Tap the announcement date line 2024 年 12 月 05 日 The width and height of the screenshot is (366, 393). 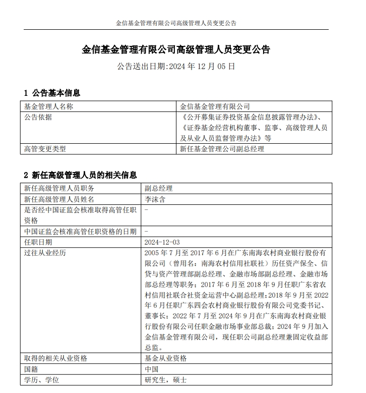coord(176,66)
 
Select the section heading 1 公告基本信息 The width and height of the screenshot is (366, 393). coord(52,93)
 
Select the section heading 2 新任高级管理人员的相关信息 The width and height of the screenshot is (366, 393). coord(80,176)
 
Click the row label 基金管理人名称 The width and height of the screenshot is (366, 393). coord(48,106)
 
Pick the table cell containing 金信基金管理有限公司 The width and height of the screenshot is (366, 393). coord(215,106)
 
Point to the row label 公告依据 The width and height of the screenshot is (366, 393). coord(38,118)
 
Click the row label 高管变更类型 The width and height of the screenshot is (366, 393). coord(45,149)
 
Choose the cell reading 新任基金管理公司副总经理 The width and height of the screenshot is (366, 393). coord(222,149)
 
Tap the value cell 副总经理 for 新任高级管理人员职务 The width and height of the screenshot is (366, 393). coord(158,188)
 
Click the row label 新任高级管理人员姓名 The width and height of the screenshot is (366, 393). coord(59,199)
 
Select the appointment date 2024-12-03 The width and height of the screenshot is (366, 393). coord(161,242)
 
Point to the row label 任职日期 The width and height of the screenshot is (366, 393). coord(38,242)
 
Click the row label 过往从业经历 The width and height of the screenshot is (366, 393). coord(45,253)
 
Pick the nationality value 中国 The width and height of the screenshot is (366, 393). coord(151,369)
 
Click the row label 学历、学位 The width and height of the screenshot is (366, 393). coord(41,380)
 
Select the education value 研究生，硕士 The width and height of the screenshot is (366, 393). coord(165,380)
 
